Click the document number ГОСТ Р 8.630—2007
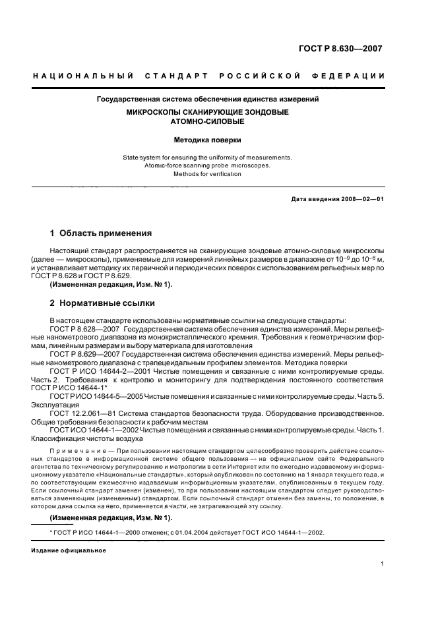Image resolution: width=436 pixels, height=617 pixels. click(340, 49)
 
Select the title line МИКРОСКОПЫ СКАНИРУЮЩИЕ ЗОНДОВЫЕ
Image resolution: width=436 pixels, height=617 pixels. click(208, 113)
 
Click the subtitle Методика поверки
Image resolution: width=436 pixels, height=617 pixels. click(208, 140)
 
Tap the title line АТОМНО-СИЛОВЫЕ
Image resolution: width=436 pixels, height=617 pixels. click(208, 122)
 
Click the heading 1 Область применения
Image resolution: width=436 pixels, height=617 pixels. click(102, 233)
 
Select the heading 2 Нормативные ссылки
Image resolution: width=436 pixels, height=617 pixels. click(103, 303)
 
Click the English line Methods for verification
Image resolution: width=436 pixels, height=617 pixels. click(208, 174)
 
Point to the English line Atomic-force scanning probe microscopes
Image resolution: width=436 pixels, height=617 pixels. click(208, 165)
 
